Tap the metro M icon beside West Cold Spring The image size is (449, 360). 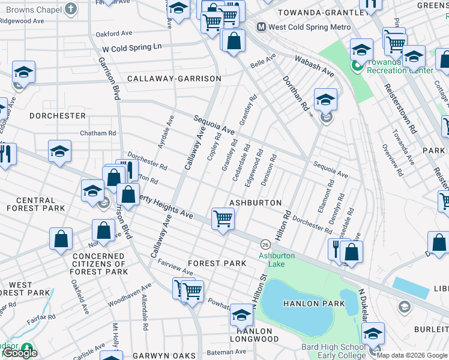click(x=261, y=27)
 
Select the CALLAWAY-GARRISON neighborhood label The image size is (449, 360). click(x=174, y=79)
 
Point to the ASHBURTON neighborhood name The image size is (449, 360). click(x=255, y=203)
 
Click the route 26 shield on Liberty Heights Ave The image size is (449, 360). click(x=264, y=244)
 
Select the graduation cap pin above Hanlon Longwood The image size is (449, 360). click(x=241, y=316)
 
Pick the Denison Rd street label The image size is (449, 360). click(x=273, y=166)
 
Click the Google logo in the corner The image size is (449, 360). click(x=20, y=353)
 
